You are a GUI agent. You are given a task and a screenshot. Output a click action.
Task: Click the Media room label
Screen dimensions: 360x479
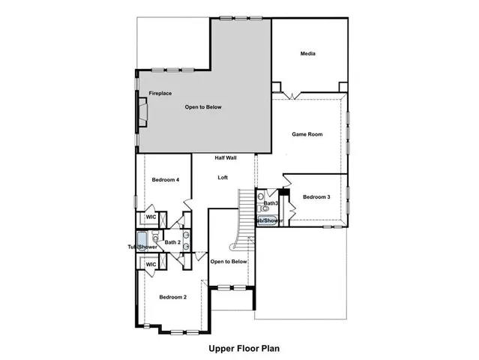pyautogui.click(x=307, y=54)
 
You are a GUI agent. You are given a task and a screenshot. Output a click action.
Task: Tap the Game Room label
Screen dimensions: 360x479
pyautogui.click(x=307, y=134)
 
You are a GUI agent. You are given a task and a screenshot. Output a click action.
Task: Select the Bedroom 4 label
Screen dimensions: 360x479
pyautogui.click(x=165, y=180)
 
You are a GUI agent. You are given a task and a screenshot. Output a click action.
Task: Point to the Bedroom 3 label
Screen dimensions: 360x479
pyautogui.click(x=316, y=197)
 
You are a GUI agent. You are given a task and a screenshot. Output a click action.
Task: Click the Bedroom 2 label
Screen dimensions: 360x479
pyautogui.click(x=173, y=298)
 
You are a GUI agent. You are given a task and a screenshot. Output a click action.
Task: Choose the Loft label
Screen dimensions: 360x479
pyautogui.click(x=223, y=178)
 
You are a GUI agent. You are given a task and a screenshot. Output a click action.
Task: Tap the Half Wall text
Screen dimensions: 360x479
pyautogui.click(x=226, y=158)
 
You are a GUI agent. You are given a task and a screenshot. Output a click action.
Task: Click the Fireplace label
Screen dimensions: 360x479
pyautogui.click(x=160, y=94)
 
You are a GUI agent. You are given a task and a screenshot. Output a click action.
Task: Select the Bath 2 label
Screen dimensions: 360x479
pyautogui.click(x=172, y=242)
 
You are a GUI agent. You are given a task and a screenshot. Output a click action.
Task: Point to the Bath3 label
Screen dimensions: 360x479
pyautogui.click(x=271, y=203)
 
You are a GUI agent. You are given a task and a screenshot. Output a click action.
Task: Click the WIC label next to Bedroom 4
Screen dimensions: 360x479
pyautogui.click(x=151, y=217)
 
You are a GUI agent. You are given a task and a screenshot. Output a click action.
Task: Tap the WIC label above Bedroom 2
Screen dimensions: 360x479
pyautogui.click(x=151, y=265)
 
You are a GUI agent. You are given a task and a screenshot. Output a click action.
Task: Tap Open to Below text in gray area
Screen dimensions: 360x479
pyautogui.click(x=203, y=107)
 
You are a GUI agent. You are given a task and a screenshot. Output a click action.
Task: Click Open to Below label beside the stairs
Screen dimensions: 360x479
pyautogui.click(x=229, y=262)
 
